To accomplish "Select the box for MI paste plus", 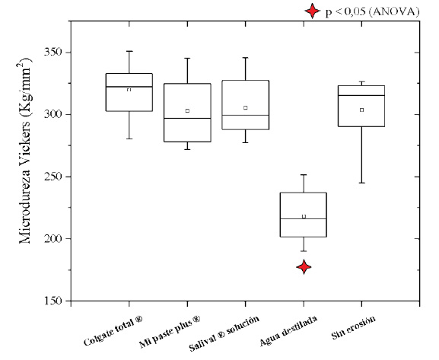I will coord(187,113).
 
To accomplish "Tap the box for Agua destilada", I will coord(304,215).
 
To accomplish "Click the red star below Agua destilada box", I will coord(304,267).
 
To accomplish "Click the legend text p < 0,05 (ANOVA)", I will coord(371,11).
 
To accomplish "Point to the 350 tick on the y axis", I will coord(52,53).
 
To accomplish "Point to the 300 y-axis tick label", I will coord(52,115).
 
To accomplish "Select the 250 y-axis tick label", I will coord(52,177).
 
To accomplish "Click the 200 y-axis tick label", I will coord(52,239).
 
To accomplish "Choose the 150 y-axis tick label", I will coord(52,301).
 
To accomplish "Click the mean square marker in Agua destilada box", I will coord(304,216).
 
